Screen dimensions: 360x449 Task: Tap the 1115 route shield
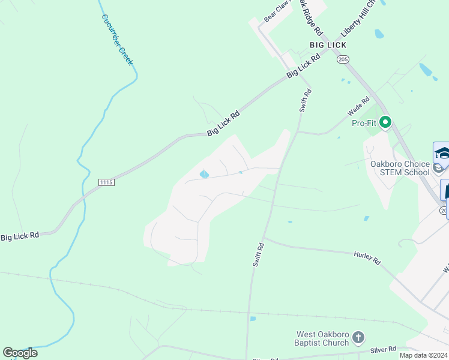click(106, 181)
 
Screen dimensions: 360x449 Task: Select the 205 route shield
click(343, 59)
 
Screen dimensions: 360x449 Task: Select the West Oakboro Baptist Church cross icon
click(358, 337)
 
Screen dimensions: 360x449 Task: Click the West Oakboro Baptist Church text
click(323, 338)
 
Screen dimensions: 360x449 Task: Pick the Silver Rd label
click(383, 349)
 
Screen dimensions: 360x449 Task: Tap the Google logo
click(20, 353)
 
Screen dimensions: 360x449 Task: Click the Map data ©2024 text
click(423, 355)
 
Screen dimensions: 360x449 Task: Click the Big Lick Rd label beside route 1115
click(20, 236)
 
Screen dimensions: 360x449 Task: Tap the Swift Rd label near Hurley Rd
click(258, 254)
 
